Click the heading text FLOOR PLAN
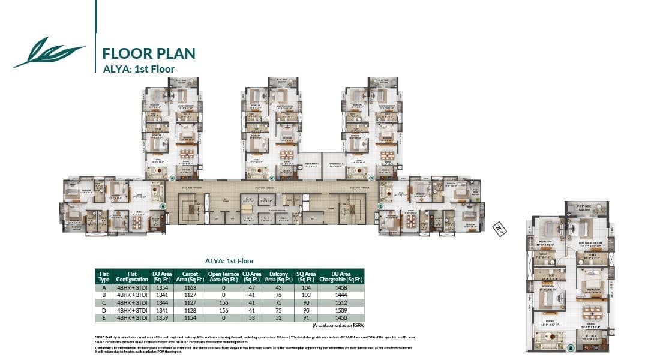[x=149, y=53]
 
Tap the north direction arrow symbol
[x=497, y=228]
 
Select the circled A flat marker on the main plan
[x=163, y=205]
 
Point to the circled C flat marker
[x=272, y=178]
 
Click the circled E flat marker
[x=380, y=205]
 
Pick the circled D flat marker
[x=371, y=178]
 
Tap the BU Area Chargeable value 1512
[x=342, y=302]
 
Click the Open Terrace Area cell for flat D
[x=223, y=310]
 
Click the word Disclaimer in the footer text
[x=104, y=347]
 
